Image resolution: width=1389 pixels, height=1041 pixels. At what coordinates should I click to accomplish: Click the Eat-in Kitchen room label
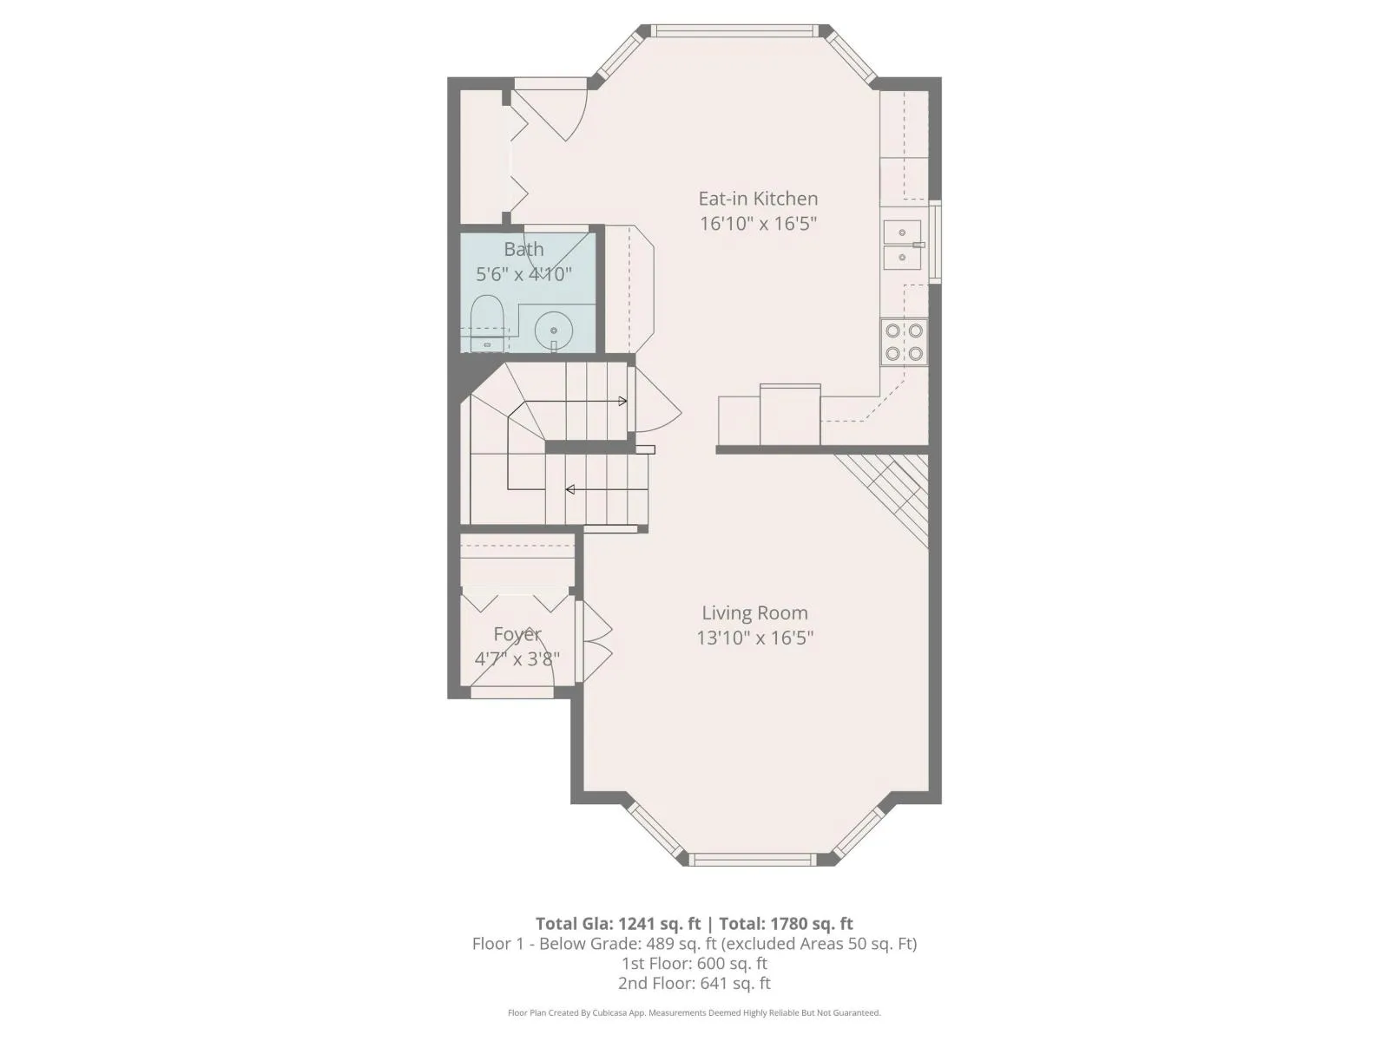point(758,199)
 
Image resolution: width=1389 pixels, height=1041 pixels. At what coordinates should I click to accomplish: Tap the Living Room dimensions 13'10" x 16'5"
point(754,638)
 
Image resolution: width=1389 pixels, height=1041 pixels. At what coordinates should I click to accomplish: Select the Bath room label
point(523,249)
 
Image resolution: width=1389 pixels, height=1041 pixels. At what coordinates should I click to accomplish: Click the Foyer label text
point(517,634)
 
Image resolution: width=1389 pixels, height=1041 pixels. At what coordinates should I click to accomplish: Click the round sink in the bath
point(554,331)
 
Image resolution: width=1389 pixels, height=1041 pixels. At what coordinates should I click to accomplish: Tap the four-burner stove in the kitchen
point(904,342)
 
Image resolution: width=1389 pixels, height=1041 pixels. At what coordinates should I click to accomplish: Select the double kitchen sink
point(903,245)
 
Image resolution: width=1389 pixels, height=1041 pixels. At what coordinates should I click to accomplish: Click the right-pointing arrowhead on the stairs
point(622,402)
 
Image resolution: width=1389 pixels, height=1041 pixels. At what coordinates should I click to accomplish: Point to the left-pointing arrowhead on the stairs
point(570,489)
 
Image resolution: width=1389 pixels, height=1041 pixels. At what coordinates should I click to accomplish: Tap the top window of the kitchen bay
point(734,31)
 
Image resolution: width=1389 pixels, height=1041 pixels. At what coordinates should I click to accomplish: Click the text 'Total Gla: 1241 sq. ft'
point(617,924)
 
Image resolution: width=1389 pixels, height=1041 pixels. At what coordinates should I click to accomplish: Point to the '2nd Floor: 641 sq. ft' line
point(694,984)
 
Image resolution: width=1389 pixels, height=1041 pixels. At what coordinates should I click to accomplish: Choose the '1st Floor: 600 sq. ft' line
point(694,963)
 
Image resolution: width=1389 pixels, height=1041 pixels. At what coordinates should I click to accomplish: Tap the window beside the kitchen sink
point(935,241)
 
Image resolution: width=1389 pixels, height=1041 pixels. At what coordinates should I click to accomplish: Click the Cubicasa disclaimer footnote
point(694,1012)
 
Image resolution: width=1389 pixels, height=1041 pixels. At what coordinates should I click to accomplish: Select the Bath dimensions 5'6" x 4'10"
point(523,274)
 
